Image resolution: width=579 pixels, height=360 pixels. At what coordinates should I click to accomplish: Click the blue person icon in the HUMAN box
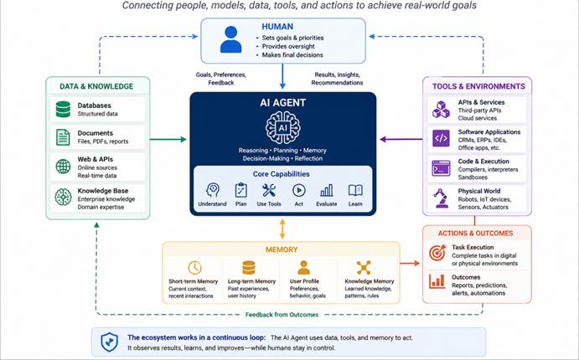point(230,39)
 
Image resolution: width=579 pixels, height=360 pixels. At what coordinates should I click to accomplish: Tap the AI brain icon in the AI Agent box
point(283,127)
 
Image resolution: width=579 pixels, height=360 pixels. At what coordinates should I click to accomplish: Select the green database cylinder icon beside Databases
point(63,110)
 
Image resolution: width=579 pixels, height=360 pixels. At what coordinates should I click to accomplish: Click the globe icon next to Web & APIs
point(63,167)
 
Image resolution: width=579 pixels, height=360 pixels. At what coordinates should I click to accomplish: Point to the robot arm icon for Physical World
point(440,198)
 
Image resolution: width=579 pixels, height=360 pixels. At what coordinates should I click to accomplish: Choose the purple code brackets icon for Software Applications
point(441,139)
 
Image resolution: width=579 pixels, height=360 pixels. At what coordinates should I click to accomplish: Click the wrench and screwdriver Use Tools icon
point(269,191)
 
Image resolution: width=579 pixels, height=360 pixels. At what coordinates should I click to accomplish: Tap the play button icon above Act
point(299,191)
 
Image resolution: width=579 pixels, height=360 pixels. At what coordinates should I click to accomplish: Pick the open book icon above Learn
point(355,190)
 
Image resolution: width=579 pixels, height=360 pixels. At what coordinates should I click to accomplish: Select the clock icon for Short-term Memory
point(194,268)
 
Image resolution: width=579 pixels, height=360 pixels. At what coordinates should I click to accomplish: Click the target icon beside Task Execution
point(437,253)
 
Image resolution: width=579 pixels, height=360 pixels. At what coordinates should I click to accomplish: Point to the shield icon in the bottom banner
point(109,342)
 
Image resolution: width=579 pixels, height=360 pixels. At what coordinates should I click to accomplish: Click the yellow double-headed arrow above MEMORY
point(282,229)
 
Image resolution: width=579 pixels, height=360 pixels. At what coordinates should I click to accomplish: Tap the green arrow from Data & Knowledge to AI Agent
point(168,140)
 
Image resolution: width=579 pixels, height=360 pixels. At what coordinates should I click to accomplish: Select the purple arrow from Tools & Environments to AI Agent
point(401,140)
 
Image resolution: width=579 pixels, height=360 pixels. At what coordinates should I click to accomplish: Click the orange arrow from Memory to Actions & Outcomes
point(410,264)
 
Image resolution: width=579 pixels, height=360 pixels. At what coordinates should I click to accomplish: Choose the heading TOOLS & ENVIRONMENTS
point(478,86)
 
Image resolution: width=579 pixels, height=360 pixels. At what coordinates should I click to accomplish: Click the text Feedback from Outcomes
point(282,315)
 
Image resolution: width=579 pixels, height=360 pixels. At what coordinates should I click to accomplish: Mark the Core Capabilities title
point(281,174)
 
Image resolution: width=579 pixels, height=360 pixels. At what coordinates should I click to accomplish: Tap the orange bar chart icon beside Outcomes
point(437,280)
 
